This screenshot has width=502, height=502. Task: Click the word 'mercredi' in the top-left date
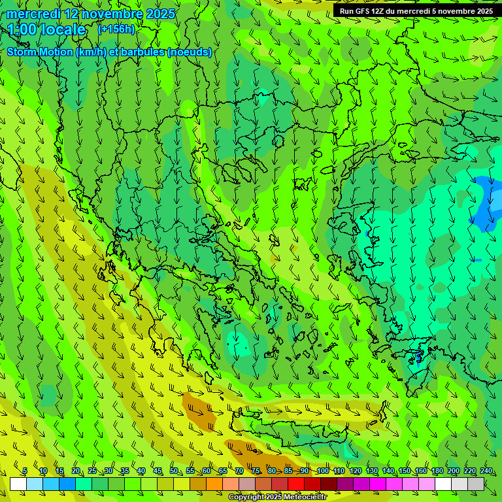(x=33, y=14)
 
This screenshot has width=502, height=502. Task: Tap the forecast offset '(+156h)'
(x=116, y=29)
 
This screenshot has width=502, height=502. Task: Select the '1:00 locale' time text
(x=46, y=29)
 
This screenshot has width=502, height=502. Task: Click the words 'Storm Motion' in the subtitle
(x=39, y=52)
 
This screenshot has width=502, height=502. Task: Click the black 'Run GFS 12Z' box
(x=416, y=10)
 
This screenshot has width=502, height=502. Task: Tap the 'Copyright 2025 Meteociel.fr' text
(x=277, y=497)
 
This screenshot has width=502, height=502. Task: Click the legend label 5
(x=25, y=471)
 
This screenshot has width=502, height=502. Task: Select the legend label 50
(x=174, y=471)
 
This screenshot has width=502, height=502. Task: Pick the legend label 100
(x=322, y=471)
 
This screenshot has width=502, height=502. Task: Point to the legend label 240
(x=486, y=471)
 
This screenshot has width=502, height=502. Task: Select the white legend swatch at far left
(x=18, y=484)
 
